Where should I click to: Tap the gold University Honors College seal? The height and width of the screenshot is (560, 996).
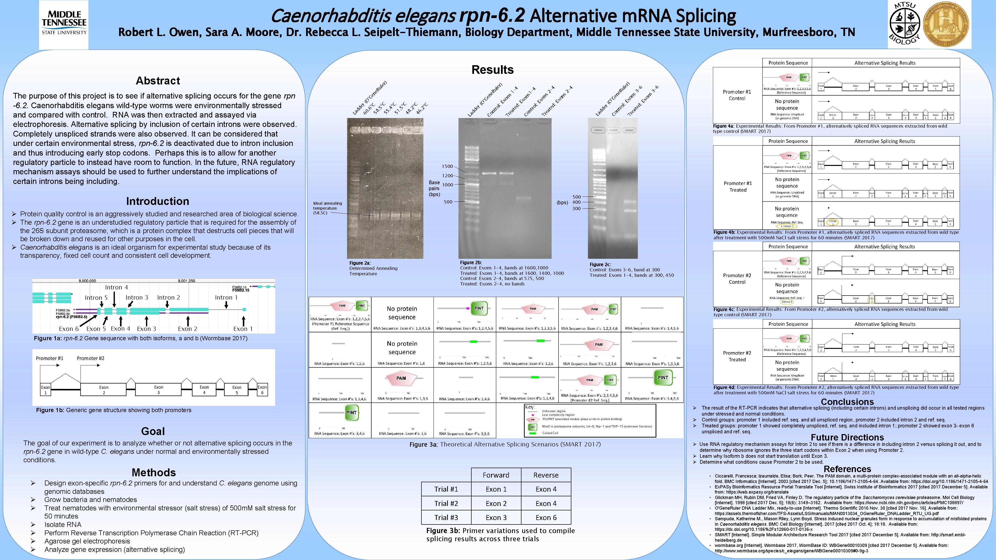pyautogui.click(x=946, y=24)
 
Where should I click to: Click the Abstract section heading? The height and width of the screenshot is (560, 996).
pyautogui.click(x=158, y=81)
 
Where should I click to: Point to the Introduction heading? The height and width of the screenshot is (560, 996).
pyautogui.click(x=157, y=201)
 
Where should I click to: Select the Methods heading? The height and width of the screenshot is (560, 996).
pyautogui.click(x=153, y=472)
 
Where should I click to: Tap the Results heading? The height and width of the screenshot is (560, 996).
pyautogui.click(x=492, y=70)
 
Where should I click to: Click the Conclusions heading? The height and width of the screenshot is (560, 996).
pyautogui.click(x=847, y=402)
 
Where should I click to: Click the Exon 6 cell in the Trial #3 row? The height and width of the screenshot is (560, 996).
pyautogui.click(x=546, y=518)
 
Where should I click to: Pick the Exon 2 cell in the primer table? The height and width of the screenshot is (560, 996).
pyautogui.click(x=496, y=503)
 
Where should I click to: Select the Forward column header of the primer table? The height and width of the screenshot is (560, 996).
pyautogui.click(x=496, y=475)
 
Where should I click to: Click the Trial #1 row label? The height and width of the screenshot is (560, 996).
pyautogui.click(x=446, y=489)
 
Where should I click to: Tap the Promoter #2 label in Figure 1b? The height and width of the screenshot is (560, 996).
pyautogui.click(x=90, y=358)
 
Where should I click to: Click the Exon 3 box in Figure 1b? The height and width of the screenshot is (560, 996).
pyautogui.click(x=159, y=390)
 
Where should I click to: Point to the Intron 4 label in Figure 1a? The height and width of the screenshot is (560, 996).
pyautogui.click(x=116, y=287)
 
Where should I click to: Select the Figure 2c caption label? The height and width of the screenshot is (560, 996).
pyautogui.click(x=600, y=264)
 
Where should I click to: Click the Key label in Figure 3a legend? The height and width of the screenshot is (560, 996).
pyautogui.click(x=530, y=407)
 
